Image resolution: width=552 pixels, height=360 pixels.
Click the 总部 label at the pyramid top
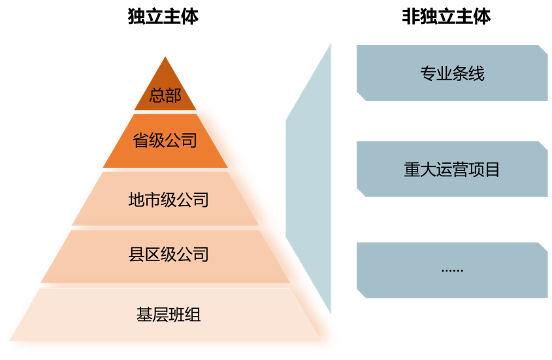pyautogui.click(x=165, y=96)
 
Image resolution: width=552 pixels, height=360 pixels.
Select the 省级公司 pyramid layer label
pyautogui.click(x=165, y=140)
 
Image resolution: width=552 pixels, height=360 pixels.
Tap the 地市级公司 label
pyautogui.click(x=168, y=200)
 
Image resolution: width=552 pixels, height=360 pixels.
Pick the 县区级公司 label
pyautogui.click(x=169, y=255)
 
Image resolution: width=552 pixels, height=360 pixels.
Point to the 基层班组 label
pyautogui.click(x=168, y=315)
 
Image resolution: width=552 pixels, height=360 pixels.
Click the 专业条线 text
pyautogui.click(x=452, y=74)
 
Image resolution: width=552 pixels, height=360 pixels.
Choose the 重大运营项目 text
pyautogui.click(x=452, y=169)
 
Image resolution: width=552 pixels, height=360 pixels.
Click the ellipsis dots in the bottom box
pyautogui.click(x=452, y=269)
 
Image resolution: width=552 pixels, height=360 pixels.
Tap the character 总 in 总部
pyautogui.click(x=157, y=96)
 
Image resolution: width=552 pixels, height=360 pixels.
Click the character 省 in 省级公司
pyautogui.click(x=141, y=140)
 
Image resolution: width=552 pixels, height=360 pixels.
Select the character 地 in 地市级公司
pyautogui.click(x=137, y=200)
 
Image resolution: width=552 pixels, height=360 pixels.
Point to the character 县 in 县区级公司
pyautogui.click(x=137, y=255)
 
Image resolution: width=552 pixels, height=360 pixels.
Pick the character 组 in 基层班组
pyautogui.click(x=193, y=315)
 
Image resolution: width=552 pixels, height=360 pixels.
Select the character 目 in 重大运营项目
pyautogui.click(x=492, y=169)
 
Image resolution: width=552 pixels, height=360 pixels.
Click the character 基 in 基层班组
pyautogui.click(x=144, y=315)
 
